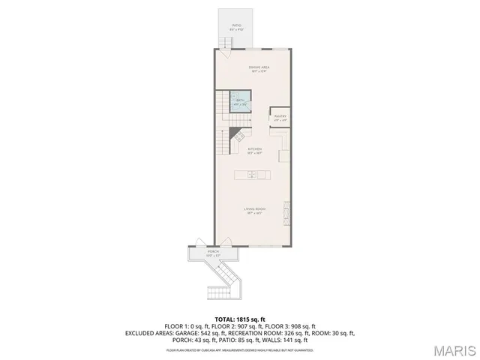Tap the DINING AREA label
coord(259,67)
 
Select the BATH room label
coord(240,100)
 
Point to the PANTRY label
coord(280,117)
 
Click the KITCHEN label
coord(254,149)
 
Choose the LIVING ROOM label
coord(255,209)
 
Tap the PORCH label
coord(213,252)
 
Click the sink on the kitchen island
coord(252,175)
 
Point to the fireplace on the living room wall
coord(287,213)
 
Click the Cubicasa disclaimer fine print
coord(240,349)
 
